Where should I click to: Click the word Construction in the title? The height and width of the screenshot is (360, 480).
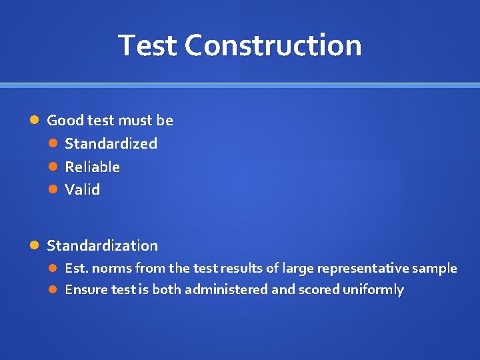pos(273,46)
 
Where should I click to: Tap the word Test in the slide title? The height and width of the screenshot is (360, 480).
pos(148,46)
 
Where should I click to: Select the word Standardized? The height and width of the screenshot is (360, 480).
pos(111,143)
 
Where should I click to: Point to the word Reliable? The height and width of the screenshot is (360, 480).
pos(92,167)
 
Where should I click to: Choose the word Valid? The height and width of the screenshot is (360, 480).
pos(82,189)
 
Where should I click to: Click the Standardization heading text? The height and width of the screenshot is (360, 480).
pos(102,245)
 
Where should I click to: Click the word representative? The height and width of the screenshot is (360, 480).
pos(363,268)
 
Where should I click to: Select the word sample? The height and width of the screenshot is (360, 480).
pos(435,268)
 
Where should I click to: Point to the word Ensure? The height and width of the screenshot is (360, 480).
pos(83,289)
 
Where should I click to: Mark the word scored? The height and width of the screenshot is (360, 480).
pos(319,289)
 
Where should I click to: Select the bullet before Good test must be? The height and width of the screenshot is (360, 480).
pos(36,121)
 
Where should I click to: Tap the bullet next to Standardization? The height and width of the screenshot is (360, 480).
pos(36,245)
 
